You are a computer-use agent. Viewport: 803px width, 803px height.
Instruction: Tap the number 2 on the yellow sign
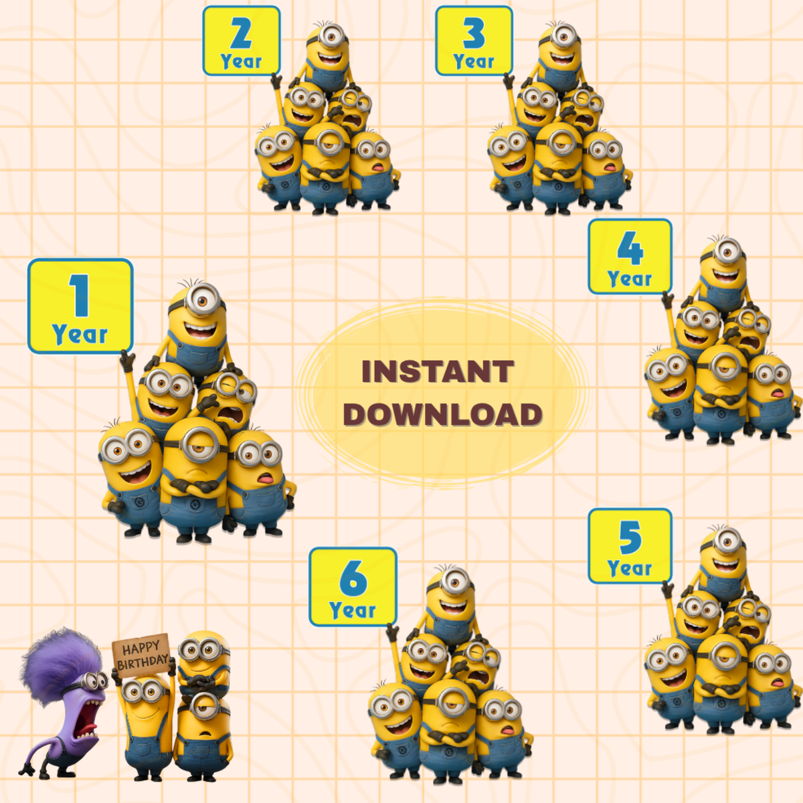(x=242, y=33)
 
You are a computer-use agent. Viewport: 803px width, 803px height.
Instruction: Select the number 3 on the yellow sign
(x=474, y=33)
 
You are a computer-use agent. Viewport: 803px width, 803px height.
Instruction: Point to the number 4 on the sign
(x=630, y=248)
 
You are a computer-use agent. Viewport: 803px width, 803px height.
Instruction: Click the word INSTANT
(x=438, y=371)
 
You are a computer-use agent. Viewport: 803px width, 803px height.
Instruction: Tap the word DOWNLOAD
(x=442, y=414)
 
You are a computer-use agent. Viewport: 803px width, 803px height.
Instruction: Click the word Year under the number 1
(x=80, y=334)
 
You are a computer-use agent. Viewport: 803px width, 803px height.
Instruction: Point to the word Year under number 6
(x=353, y=610)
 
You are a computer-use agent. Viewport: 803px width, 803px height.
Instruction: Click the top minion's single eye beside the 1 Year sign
(x=202, y=299)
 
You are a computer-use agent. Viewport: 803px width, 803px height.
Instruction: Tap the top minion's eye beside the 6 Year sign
(x=454, y=582)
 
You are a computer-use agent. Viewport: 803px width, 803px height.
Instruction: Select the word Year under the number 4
(x=630, y=278)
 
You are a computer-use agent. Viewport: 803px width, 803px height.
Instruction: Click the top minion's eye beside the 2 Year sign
(x=331, y=37)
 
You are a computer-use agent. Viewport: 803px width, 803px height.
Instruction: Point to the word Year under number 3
(x=474, y=62)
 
